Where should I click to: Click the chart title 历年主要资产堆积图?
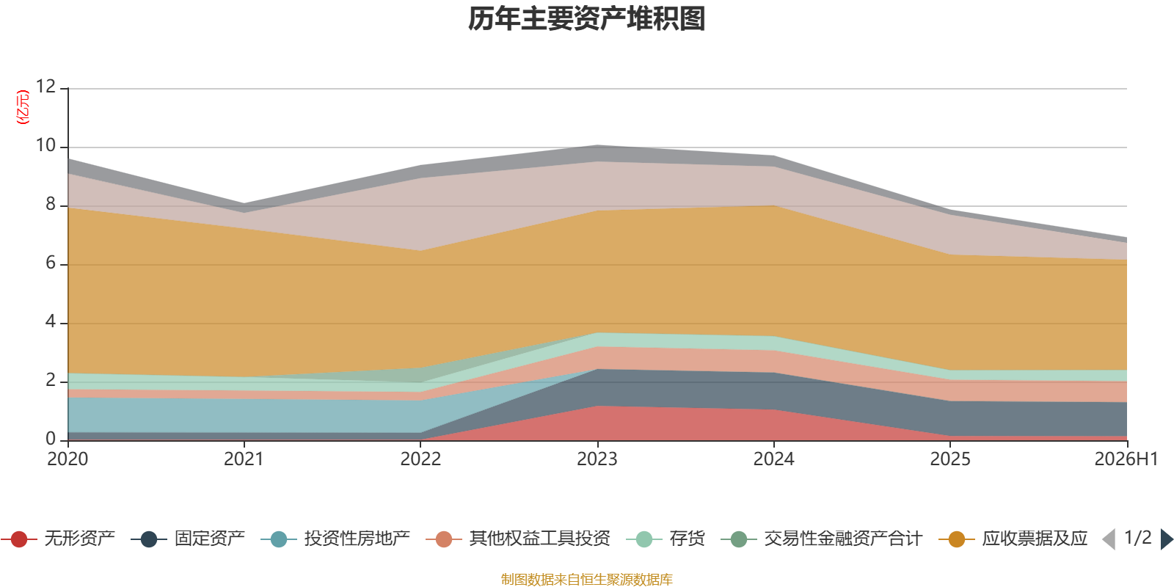[x=586, y=19]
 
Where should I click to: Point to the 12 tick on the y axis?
[x=45, y=87]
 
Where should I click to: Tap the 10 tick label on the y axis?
[x=45, y=145]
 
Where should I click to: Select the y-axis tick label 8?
[x=51, y=204]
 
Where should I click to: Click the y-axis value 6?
[x=51, y=263]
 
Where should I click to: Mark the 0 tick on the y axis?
[x=51, y=439]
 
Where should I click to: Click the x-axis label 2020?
[x=68, y=459]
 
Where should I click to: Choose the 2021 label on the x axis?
[x=244, y=459]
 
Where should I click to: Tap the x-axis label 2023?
[x=597, y=459]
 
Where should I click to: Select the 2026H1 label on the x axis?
[x=1126, y=459]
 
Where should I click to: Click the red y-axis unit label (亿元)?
[x=23, y=107]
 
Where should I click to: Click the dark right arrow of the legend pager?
[x=1167, y=539]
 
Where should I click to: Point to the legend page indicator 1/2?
[x=1138, y=538]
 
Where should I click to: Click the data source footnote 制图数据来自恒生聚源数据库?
[x=586, y=579]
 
